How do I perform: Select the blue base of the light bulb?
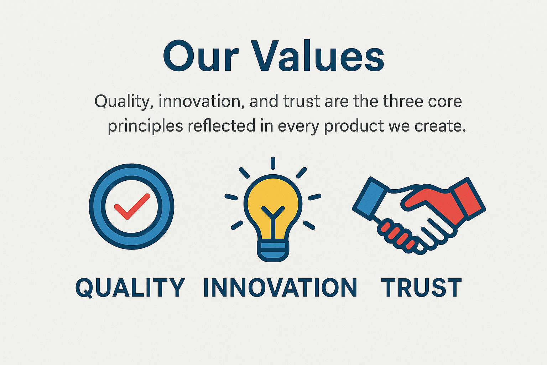click(x=273, y=251)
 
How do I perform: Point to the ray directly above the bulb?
click(x=273, y=163)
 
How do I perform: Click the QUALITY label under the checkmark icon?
click(x=130, y=288)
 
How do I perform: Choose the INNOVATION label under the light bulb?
click(x=280, y=288)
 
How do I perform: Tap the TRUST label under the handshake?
click(x=421, y=288)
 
